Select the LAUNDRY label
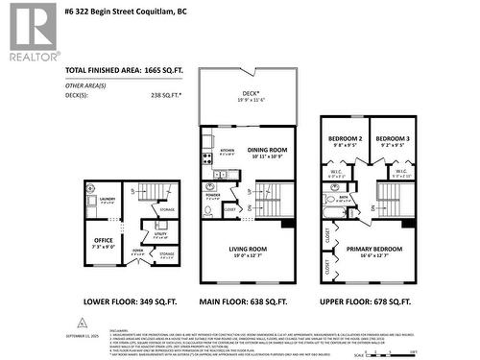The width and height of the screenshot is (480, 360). [x=106, y=200]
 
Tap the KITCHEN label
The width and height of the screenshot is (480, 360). [x=228, y=151]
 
